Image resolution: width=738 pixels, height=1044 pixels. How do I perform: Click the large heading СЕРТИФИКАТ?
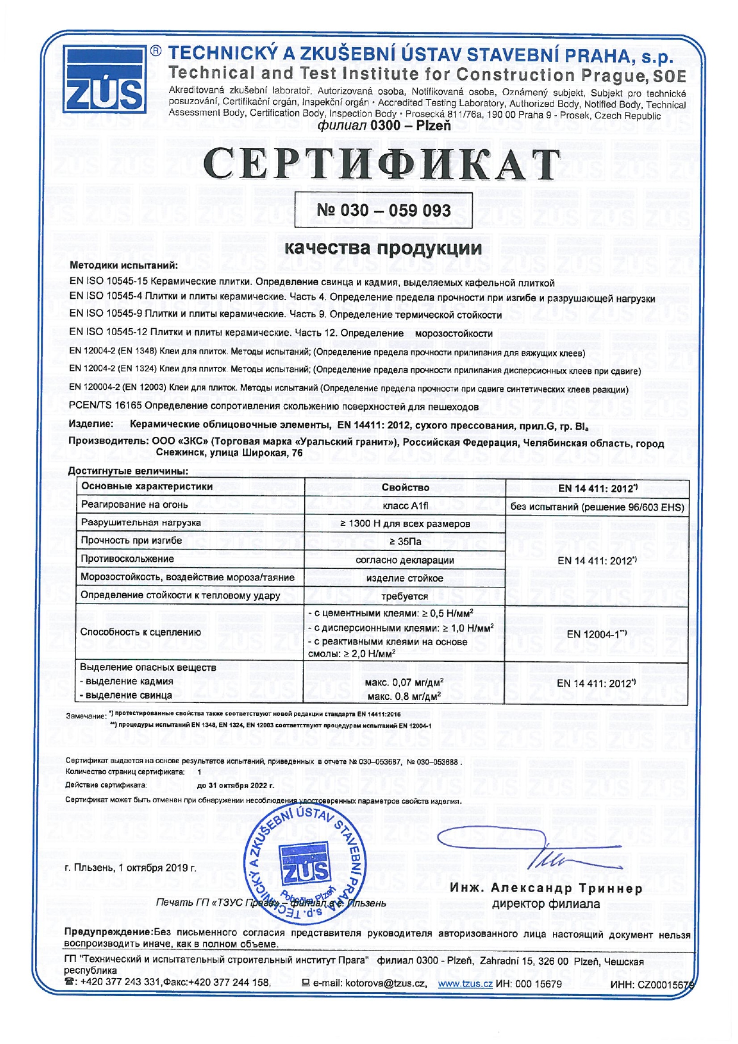[x=381, y=164]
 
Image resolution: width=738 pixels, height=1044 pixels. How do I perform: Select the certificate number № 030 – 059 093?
[x=383, y=210]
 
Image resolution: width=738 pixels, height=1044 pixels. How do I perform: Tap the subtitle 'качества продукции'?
[x=383, y=248]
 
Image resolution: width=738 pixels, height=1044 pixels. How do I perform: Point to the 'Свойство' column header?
[x=405, y=487]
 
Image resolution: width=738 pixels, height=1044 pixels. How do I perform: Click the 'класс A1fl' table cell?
[x=405, y=505]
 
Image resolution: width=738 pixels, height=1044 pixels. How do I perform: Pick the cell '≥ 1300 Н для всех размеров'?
[x=405, y=524]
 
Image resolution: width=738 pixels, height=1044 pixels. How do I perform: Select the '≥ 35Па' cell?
[x=405, y=542]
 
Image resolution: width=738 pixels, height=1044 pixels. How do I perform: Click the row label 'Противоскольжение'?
[x=127, y=559]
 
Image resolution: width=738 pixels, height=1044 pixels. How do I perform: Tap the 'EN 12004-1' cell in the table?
[x=596, y=634]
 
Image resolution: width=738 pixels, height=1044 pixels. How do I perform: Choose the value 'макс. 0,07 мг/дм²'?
[x=404, y=682]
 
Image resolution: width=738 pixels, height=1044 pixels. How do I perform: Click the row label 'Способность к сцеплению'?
[x=140, y=632]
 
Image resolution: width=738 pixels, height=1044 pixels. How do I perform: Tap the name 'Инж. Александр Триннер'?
[x=546, y=889]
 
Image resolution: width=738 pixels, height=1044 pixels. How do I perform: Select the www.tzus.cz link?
[x=465, y=984]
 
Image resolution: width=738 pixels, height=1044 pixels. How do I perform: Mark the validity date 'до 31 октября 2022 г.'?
[x=236, y=785]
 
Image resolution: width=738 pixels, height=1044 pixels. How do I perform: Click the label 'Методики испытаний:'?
[x=124, y=265]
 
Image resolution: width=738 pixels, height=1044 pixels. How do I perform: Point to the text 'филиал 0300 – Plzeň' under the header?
[x=384, y=126]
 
